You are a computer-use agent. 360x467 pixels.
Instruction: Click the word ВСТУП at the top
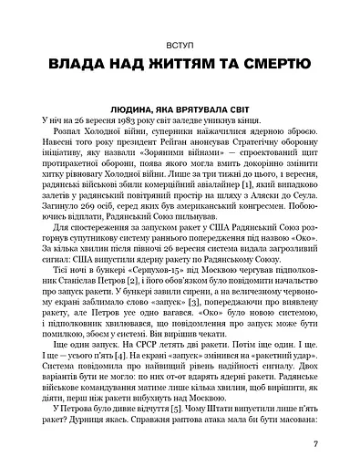pyautogui.click(x=180, y=43)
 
